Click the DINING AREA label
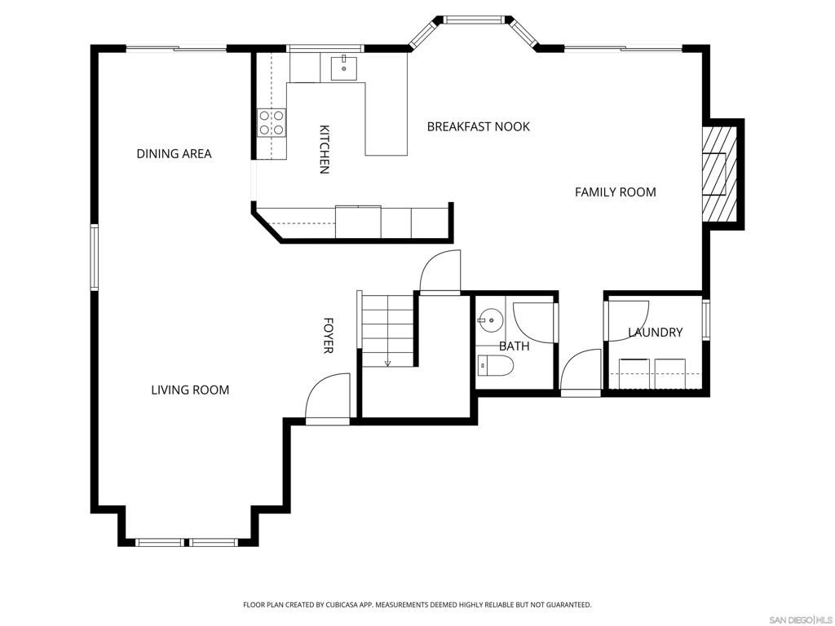[174, 153]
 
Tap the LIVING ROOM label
[190, 390]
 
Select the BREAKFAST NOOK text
[478, 126]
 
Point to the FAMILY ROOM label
[615, 192]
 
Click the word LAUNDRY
[655, 333]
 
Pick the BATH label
[514, 346]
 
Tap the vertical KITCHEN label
[324, 149]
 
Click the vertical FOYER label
[328, 335]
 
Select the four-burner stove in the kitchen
[272, 122]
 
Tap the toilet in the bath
[494, 367]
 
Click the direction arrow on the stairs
[388, 362]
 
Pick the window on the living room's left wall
[95, 258]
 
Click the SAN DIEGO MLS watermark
[798, 619]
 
